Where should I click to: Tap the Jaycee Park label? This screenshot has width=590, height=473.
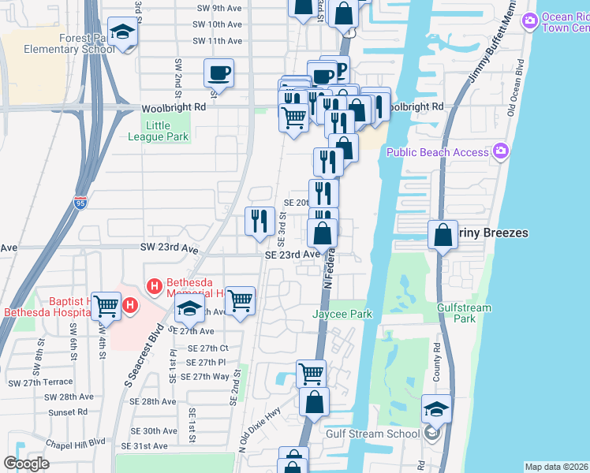point(342,314)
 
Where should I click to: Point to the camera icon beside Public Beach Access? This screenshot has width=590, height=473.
point(499,151)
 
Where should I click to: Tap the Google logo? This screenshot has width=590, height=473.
point(26,464)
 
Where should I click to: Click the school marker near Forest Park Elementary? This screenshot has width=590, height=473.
point(122,33)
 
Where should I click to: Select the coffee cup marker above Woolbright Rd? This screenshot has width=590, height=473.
point(219,74)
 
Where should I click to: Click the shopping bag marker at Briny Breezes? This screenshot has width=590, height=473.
point(443,234)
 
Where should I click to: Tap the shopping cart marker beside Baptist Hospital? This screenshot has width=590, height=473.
point(106,306)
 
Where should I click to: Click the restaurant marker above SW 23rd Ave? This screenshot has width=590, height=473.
point(260,221)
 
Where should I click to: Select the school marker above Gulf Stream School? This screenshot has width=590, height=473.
point(436,409)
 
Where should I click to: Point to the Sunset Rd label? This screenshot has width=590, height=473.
point(67,412)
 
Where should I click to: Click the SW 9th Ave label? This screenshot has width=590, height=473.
point(217,8)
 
